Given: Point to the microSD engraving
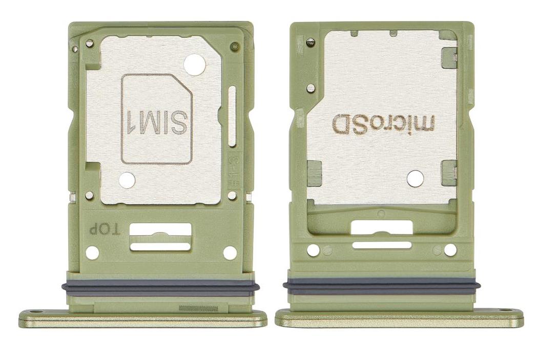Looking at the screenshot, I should (384, 123).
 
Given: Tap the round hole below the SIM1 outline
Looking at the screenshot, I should (127, 180).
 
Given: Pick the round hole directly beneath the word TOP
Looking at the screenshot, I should (92, 252).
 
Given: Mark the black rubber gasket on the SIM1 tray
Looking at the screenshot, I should (159, 288).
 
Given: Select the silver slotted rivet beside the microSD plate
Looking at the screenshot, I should (311, 88).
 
